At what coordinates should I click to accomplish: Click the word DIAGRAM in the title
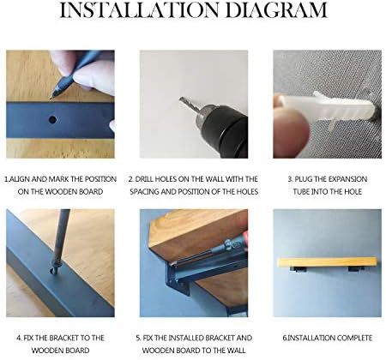click(x=276, y=10)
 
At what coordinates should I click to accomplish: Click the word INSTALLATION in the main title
click(x=140, y=10)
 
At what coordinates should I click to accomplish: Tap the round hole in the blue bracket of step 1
click(x=52, y=119)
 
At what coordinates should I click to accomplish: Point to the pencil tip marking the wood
click(x=51, y=97)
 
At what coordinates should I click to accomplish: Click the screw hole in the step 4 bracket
click(x=53, y=270)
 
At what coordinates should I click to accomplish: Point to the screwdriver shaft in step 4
click(x=61, y=237)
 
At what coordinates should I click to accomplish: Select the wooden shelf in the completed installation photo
click(x=328, y=262)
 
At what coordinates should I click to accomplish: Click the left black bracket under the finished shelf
click(x=299, y=269)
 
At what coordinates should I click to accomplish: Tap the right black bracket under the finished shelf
click(x=356, y=269)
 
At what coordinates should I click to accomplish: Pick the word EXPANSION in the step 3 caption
click(x=347, y=179)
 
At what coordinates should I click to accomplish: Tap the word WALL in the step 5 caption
click(x=236, y=351)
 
